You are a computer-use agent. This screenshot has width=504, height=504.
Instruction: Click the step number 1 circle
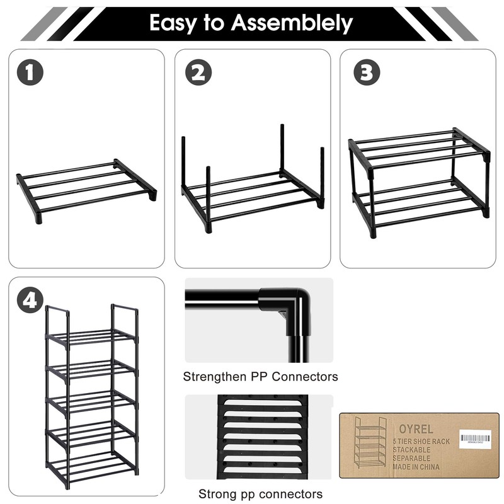(30, 73)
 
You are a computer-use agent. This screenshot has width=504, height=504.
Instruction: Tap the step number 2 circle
(198, 73)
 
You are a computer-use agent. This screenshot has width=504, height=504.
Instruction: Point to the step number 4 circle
(30, 301)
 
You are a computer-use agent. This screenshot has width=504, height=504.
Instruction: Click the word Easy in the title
(174, 23)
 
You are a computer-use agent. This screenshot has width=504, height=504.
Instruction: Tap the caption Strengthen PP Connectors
(260, 377)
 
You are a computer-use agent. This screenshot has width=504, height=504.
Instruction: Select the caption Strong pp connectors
(260, 494)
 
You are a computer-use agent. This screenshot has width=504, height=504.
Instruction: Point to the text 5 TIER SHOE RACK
(421, 442)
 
